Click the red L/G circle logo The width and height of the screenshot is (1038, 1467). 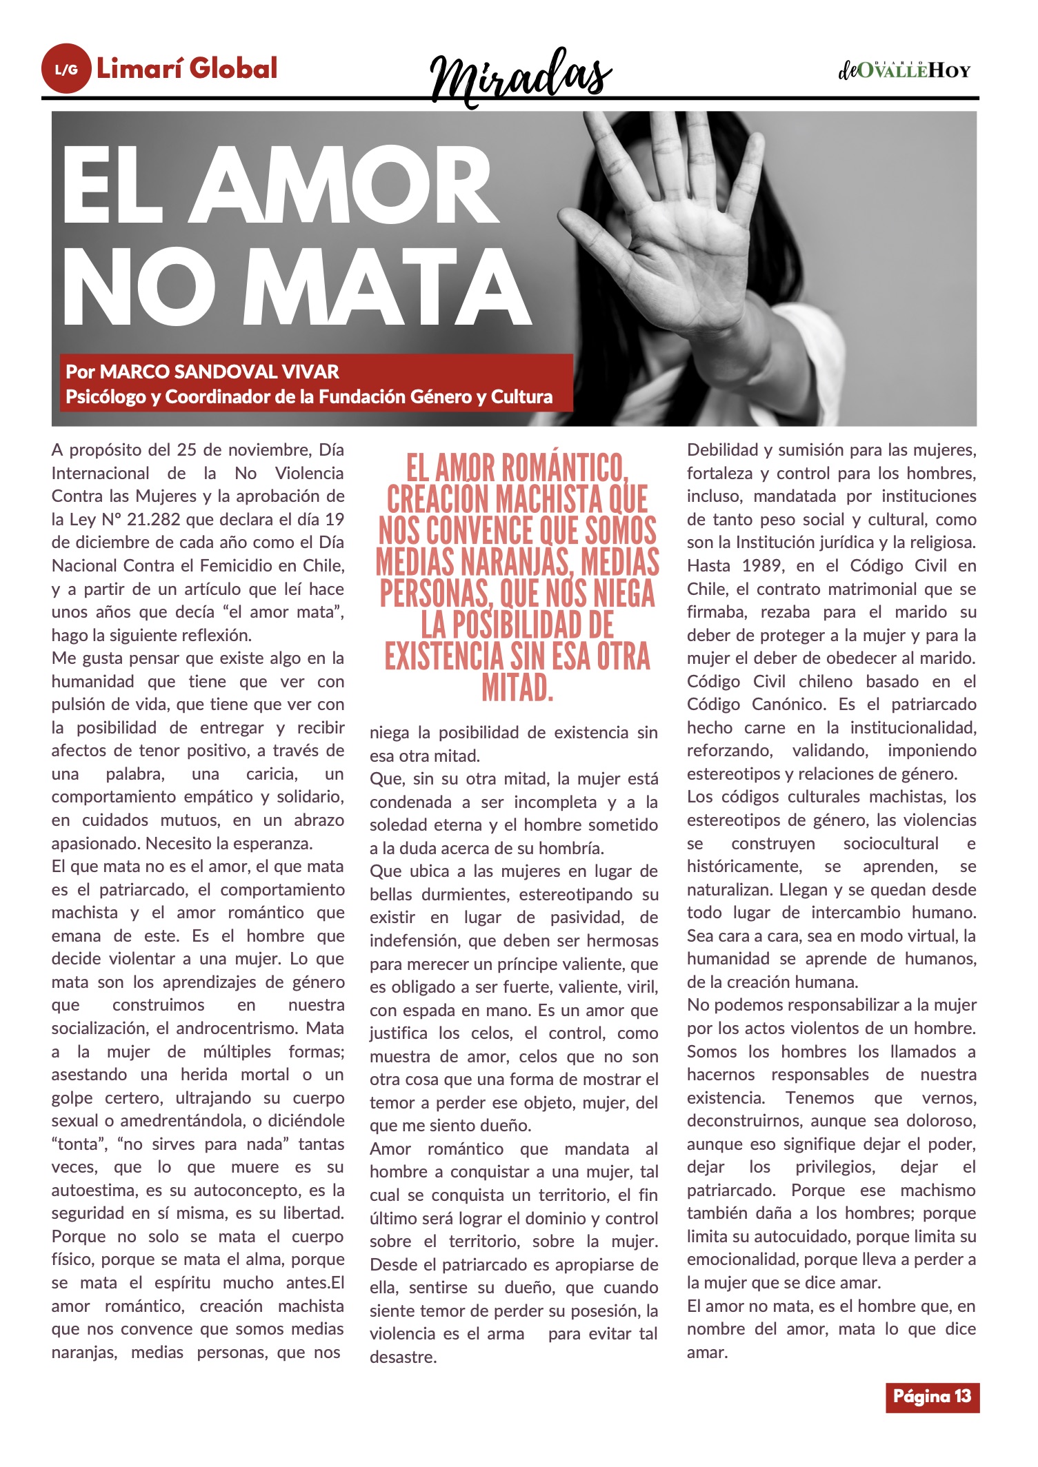pos(66,69)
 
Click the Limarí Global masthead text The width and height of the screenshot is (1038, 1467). pos(187,68)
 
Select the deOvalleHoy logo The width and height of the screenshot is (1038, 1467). pos(904,70)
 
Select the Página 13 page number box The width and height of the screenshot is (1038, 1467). pos(932,1396)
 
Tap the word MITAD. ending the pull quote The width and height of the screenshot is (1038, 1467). pos(517,687)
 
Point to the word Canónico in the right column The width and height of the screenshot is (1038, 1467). pos(790,705)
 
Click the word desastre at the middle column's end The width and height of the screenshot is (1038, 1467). pos(403,1357)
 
